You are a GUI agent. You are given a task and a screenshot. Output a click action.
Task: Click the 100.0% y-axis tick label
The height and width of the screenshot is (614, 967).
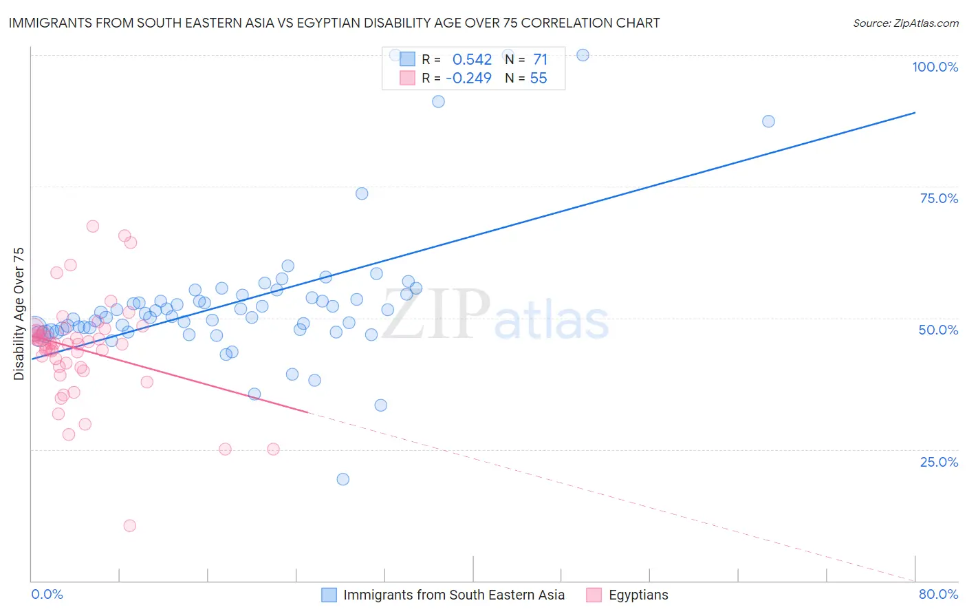tap(935, 67)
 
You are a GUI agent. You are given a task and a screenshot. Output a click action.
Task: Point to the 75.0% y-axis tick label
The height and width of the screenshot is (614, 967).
tap(939, 198)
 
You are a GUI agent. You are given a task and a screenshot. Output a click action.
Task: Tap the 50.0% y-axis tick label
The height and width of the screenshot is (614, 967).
tap(938, 330)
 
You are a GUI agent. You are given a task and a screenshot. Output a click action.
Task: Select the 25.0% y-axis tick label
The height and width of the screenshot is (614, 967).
tap(939, 461)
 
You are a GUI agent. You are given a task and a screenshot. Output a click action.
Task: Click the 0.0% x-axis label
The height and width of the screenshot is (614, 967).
tap(47, 594)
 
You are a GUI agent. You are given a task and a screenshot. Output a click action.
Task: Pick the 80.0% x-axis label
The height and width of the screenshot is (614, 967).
tap(938, 594)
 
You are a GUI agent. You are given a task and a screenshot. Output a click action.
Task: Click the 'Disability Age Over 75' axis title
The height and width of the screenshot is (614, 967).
tap(19, 313)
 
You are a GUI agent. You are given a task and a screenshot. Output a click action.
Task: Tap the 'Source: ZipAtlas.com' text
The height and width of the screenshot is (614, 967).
tap(905, 23)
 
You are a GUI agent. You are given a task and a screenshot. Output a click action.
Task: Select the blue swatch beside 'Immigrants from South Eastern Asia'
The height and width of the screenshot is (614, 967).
tap(329, 595)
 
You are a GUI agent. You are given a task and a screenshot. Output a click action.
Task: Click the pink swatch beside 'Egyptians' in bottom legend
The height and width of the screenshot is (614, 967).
tap(594, 595)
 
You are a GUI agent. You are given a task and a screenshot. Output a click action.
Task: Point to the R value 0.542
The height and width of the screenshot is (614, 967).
tap(472, 59)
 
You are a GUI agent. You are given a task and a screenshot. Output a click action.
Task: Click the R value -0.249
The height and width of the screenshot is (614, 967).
tap(468, 78)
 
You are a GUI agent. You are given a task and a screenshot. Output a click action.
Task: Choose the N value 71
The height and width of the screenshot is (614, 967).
tap(540, 59)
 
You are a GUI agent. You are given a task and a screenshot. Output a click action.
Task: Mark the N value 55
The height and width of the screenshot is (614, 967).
tap(539, 78)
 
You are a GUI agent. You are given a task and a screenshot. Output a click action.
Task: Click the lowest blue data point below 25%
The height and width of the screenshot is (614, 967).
tap(343, 479)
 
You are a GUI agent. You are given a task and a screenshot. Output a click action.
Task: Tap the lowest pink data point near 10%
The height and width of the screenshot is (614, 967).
tap(129, 526)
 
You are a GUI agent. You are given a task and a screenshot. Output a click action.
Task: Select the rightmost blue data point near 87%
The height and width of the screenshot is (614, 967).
tap(768, 121)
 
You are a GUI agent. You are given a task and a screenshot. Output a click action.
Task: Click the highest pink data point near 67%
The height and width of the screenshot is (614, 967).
tap(93, 226)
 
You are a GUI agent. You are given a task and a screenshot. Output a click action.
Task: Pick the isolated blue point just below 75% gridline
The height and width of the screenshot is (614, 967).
tap(362, 193)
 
